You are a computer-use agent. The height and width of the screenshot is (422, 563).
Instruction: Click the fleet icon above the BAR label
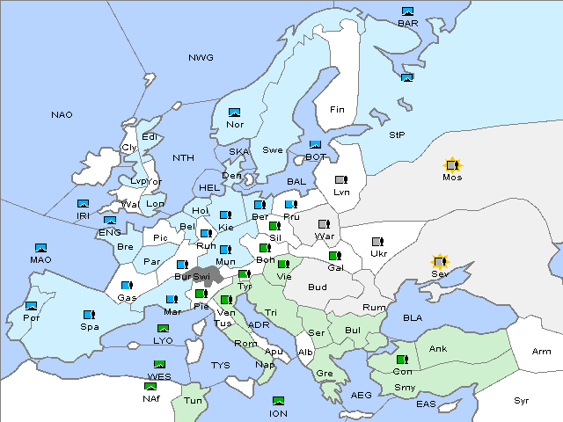pyautogui.click(x=407, y=11)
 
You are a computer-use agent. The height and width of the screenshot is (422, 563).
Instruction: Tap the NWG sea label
pyautogui.click(x=201, y=58)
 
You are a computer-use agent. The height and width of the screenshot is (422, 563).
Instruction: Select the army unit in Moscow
pyautogui.click(x=452, y=164)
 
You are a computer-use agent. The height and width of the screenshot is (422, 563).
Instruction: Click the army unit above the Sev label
pyautogui.click(x=439, y=262)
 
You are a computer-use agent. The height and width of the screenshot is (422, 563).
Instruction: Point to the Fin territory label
pyautogui.click(x=337, y=110)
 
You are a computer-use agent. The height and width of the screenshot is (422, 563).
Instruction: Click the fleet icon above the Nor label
pyautogui.click(x=234, y=113)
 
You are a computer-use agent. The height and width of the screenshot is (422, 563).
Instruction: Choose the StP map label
pyautogui.click(x=397, y=135)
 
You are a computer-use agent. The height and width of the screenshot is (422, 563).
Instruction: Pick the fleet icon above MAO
pyautogui.click(x=40, y=248)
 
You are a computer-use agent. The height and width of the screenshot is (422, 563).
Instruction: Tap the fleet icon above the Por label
pyautogui.click(x=32, y=306)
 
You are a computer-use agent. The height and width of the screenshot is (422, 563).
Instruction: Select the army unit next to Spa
pyautogui.click(x=89, y=314)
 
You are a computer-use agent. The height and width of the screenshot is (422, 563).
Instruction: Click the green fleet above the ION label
pyautogui.click(x=278, y=401)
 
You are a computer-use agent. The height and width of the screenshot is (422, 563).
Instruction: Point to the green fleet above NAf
pyautogui.click(x=150, y=385)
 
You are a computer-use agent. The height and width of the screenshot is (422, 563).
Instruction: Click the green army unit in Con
pyautogui.click(x=403, y=360)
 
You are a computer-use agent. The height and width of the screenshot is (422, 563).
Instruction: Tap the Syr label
pyautogui.click(x=522, y=400)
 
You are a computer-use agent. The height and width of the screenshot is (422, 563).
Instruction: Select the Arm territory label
pyautogui.click(x=542, y=352)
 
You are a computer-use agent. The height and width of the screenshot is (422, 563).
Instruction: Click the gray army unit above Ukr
pyautogui.click(x=377, y=242)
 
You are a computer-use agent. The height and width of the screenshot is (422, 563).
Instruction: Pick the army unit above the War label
pyautogui.click(x=324, y=224)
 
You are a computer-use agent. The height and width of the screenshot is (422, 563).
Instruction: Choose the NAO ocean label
pyautogui.click(x=62, y=115)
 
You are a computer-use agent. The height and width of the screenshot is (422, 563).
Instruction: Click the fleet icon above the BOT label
pyautogui.click(x=315, y=145)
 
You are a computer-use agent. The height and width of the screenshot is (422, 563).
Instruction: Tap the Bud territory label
pyautogui.click(x=317, y=287)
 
